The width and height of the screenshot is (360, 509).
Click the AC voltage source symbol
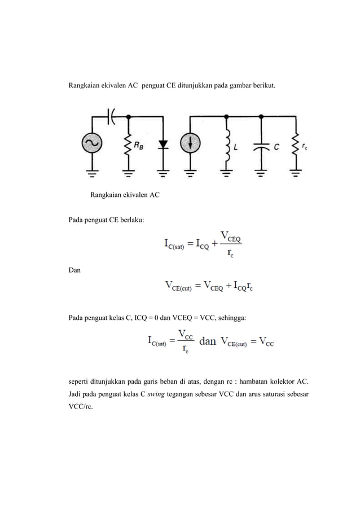click(x=90, y=144)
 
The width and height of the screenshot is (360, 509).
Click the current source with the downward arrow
click(x=191, y=144)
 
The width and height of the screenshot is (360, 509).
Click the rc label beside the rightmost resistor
click(x=305, y=146)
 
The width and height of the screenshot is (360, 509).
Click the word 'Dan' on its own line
click(x=74, y=271)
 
